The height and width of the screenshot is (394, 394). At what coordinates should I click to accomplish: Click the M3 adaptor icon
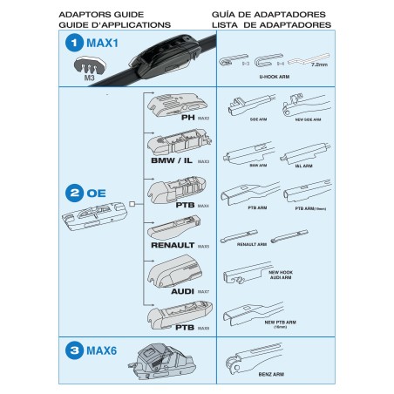89,65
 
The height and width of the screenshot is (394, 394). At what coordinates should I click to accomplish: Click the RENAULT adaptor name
171,246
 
